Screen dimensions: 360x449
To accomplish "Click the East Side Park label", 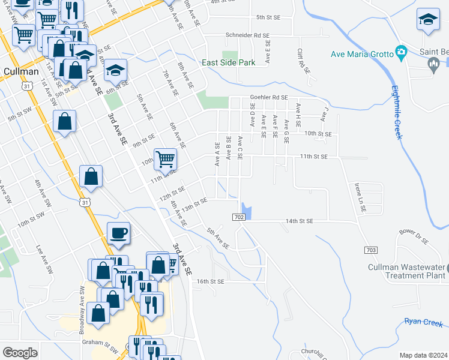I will [228, 62].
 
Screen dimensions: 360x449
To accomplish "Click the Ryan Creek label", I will [423, 322].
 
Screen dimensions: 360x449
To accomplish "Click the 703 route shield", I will [370, 249].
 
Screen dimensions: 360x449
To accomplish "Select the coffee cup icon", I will [118, 232].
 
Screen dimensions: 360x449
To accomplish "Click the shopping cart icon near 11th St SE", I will [165, 159].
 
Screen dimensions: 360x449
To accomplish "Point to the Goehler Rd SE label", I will [270, 97].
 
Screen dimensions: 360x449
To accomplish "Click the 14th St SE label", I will [300, 221].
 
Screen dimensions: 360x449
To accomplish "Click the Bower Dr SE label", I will [414, 236].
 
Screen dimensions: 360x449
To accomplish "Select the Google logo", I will [20, 353].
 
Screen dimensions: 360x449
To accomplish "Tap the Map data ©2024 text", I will [424, 355].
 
